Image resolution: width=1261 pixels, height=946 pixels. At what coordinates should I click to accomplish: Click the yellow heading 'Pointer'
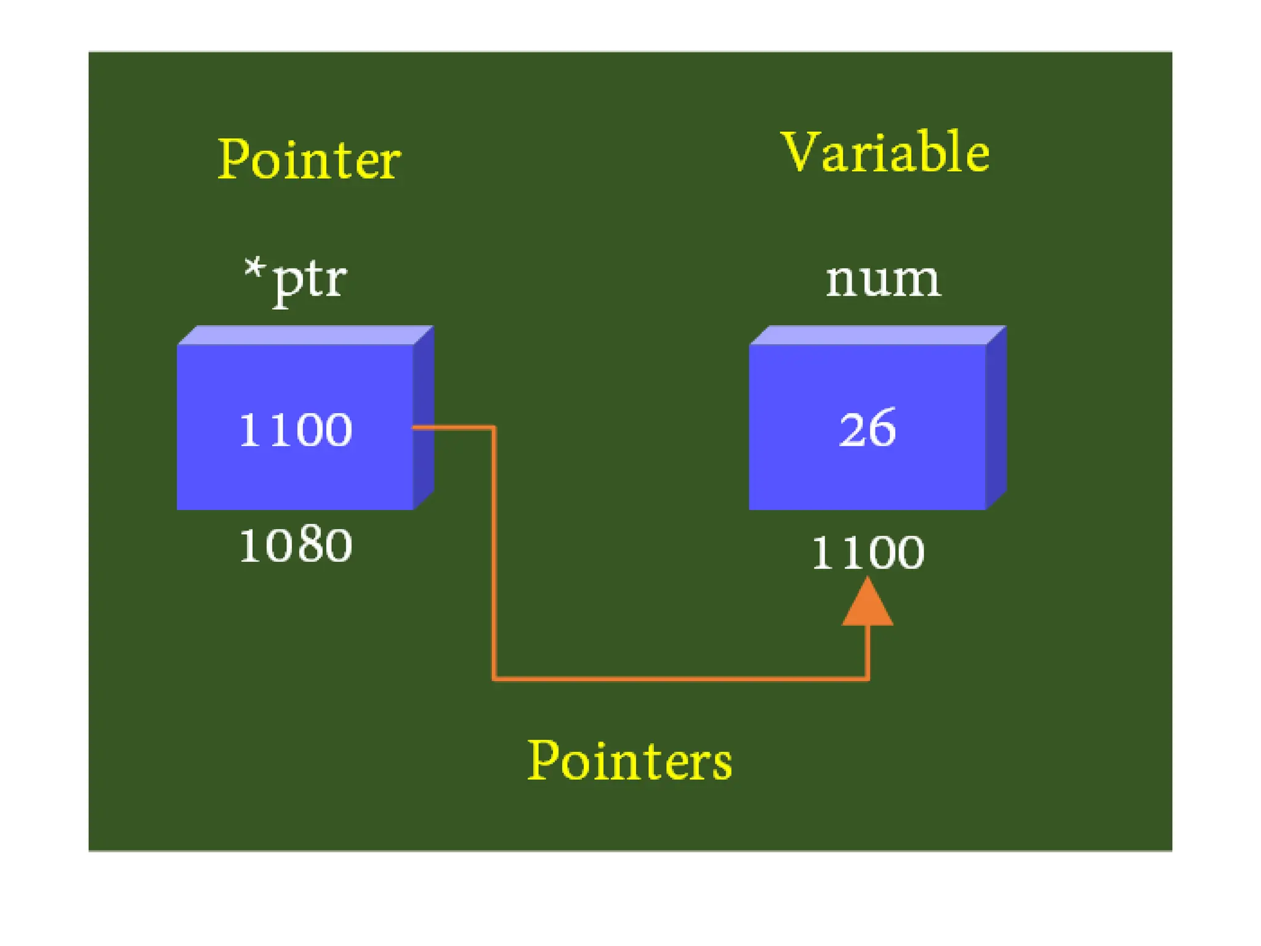[309, 160]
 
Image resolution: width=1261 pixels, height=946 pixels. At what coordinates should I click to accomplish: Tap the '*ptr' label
[296, 280]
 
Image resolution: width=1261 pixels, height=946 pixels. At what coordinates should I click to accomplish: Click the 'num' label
[883, 280]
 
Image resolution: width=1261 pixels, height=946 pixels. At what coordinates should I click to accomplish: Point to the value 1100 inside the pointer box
[296, 429]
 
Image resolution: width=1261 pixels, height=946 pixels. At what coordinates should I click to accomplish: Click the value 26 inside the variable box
[867, 427]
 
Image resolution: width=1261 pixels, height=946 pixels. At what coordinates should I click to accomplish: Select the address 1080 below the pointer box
[296, 546]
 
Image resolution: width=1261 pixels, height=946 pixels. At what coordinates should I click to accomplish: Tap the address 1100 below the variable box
[868, 552]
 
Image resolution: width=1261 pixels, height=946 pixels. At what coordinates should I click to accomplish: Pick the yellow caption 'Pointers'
[630, 761]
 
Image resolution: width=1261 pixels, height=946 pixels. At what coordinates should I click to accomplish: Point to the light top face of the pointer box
[305, 335]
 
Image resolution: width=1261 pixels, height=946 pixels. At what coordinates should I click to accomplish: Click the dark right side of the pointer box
[424, 419]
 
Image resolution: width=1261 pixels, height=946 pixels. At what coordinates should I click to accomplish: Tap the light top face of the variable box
[877, 335]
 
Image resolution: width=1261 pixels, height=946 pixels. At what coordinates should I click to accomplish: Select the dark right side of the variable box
[996, 419]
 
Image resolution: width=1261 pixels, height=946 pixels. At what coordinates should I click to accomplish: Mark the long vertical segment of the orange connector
[494, 554]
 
